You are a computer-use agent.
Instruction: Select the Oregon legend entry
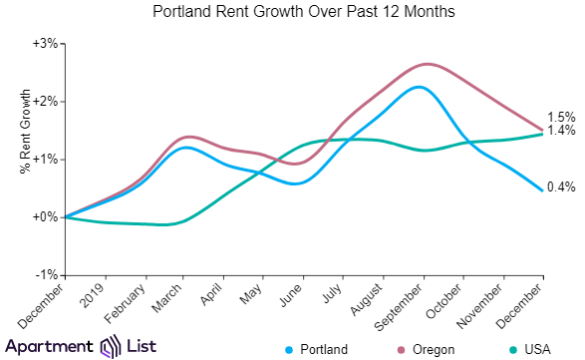coord(426,349)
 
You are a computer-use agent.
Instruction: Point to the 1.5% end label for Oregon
coord(560,118)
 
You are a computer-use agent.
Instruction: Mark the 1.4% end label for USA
coord(560,131)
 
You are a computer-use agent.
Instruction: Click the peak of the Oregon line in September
coord(426,64)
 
